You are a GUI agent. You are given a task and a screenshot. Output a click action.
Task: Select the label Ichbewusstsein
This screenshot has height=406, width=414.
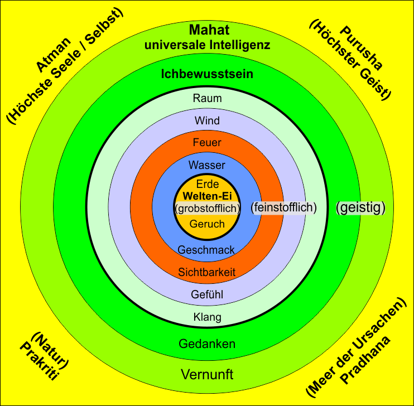tap(207, 74)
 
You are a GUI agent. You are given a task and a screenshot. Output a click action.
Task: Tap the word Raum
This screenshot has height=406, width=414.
tap(207, 99)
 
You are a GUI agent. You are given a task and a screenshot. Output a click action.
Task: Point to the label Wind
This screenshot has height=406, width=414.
tap(207, 120)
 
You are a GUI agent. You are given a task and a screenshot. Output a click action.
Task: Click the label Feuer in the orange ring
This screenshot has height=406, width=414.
tap(207, 143)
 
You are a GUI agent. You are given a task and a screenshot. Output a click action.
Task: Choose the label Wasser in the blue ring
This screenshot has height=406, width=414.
tap(207, 166)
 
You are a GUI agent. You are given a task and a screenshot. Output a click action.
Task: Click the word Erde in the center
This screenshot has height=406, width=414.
tap(208, 184)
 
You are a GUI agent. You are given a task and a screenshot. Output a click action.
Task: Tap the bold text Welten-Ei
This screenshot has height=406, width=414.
tap(208, 196)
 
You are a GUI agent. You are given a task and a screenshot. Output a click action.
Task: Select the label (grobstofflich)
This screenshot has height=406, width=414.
tap(208, 209)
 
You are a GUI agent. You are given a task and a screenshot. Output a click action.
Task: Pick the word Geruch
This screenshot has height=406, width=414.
tap(208, 224)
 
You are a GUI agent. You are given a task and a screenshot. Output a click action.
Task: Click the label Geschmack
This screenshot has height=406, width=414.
tap(206, 250)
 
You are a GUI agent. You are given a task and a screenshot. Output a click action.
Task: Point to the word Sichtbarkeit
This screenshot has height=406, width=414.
tap(207, 272)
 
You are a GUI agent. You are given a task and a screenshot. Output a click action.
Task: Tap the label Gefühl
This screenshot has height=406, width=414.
tap(207, 295)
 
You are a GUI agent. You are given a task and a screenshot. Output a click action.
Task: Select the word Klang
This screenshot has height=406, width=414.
tap(207, 317)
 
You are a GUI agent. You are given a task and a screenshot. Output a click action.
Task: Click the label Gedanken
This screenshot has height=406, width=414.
tap(207, 344)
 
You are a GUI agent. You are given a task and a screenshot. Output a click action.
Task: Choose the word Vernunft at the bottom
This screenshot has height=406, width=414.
tap(207, 374)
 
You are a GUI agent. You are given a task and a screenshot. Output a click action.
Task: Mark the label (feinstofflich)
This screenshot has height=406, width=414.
tap(284, 207)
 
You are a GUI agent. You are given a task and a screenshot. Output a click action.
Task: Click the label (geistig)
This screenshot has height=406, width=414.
tap(361, 207)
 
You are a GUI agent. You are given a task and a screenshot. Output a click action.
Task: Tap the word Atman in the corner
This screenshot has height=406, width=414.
tap(54, 55)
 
